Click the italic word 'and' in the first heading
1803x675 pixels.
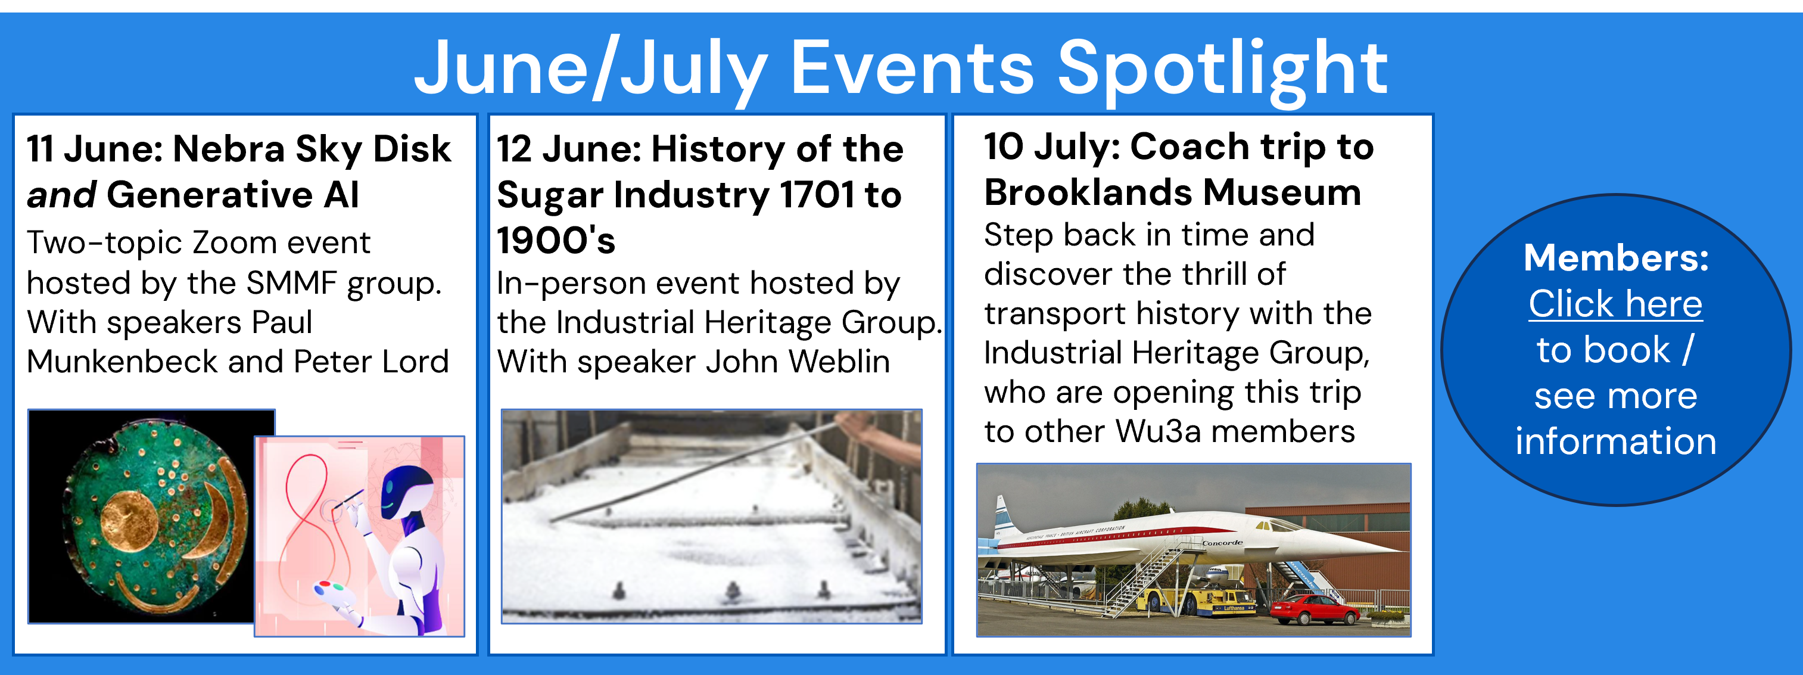click(x=61, y=194)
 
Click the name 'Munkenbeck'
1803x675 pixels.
click(x=123, y=361)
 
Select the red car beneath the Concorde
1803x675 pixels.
click(x=1315, y=608)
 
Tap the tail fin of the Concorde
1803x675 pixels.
click(x=1004, y=514)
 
